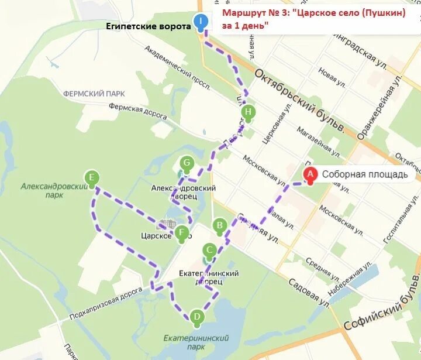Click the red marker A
310,174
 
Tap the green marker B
220,225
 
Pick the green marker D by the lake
196,317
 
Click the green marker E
91,177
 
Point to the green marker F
182,232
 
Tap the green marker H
249,112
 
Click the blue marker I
201,22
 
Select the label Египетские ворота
149,26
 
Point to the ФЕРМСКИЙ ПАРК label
94,93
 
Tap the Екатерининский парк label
196,343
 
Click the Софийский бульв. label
379,309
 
